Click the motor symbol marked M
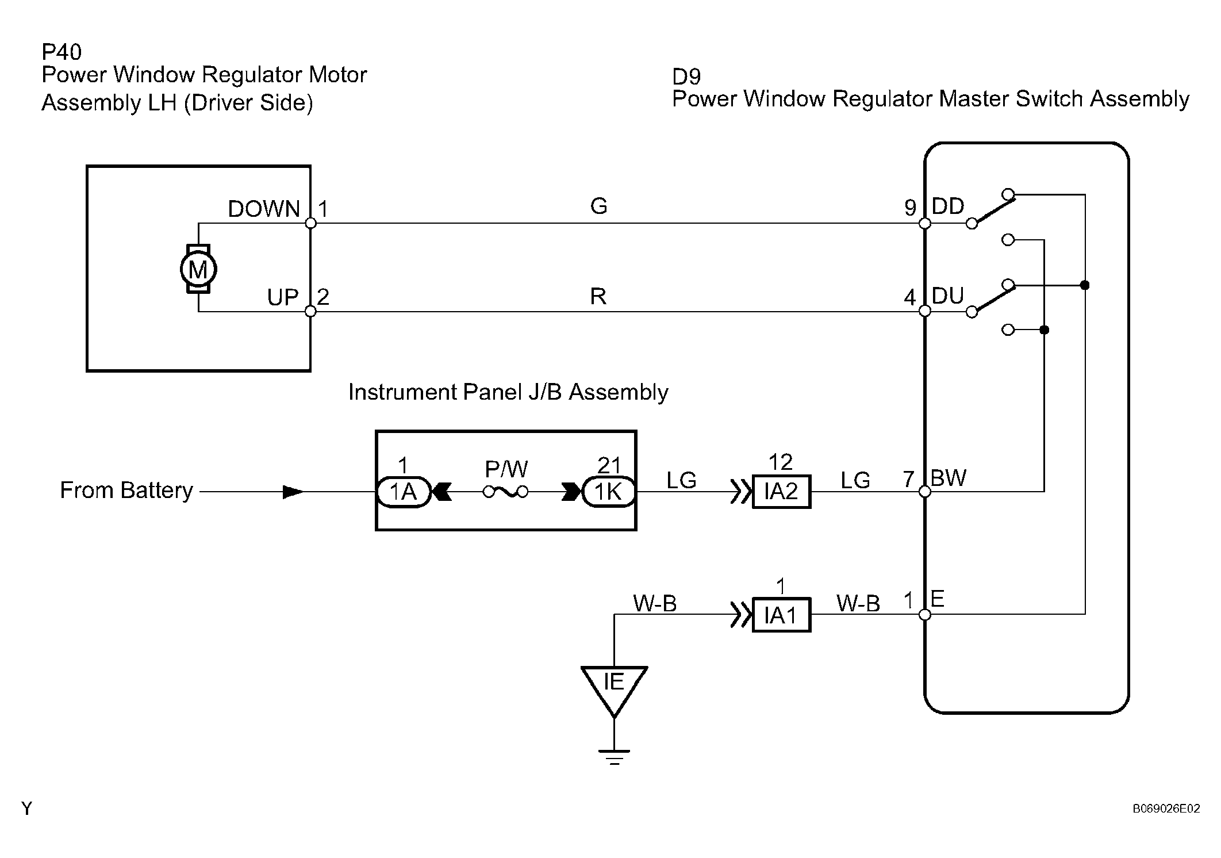point(198,269)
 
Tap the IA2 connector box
point(781,492)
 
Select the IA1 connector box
point(781,615)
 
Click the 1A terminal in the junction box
point(404,492)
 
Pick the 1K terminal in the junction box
point(608,492)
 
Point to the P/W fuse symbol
point(506,492)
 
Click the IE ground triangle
point(614,687)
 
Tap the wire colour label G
point(598,206)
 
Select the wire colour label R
point(598,296)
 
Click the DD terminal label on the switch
point(948,206)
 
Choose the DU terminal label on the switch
point(948,296)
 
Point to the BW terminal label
point(949,478)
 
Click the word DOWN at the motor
point(264,209)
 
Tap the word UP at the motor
point(283,297)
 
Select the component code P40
point(62,52)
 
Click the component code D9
point(686,76)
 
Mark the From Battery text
point(126,491)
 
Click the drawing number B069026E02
point(1166,809)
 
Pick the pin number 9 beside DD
point(910,208)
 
